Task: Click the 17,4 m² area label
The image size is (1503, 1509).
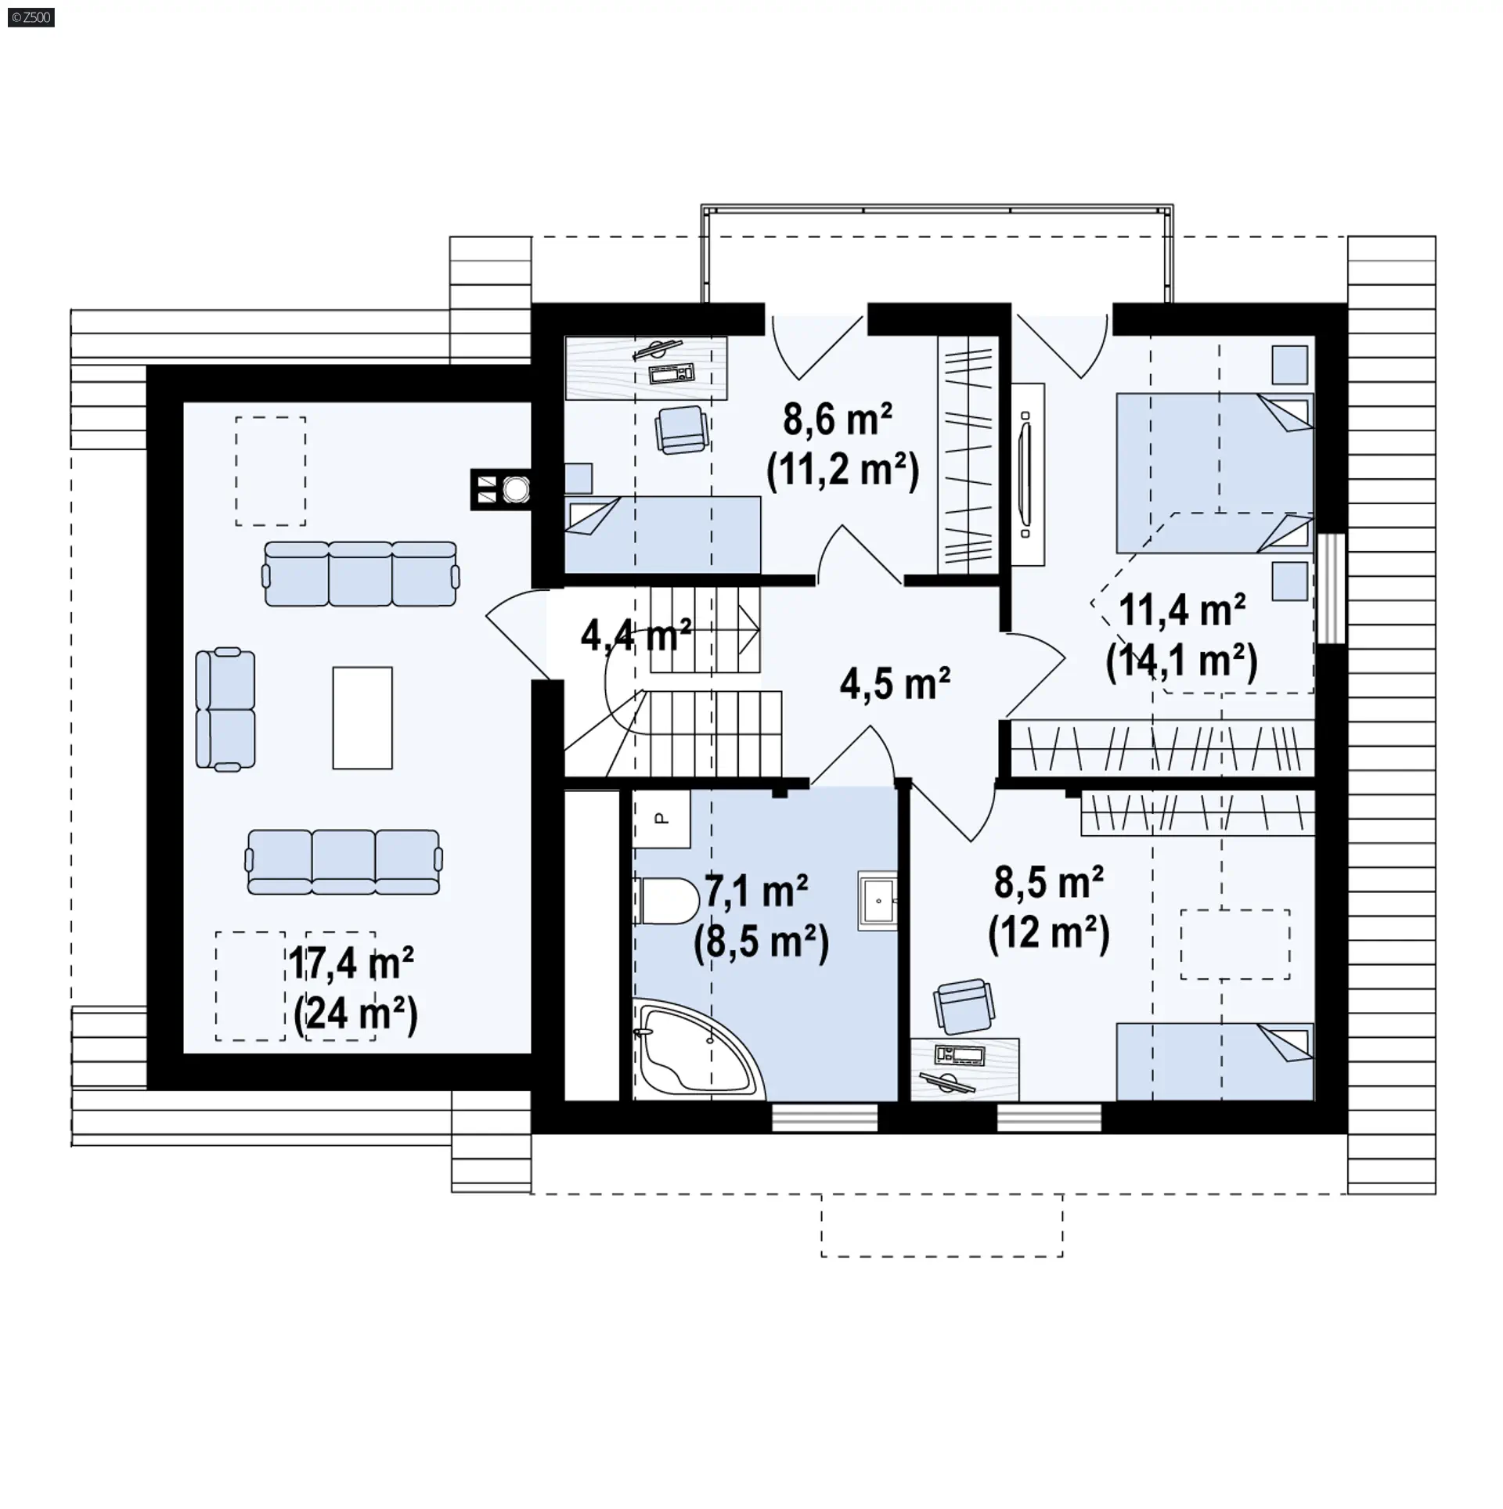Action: [351, 963]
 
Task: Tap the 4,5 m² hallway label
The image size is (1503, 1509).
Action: [895, 684]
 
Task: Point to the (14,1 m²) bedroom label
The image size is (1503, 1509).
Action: [1181, 661]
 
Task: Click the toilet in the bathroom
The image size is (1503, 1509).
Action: [667, 901]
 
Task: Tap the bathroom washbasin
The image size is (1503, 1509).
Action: [878, 900]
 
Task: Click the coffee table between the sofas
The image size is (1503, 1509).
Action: [362, 718]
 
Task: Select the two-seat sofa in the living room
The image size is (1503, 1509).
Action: [225, 709]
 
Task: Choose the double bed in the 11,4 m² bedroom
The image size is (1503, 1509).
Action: [1214, 473]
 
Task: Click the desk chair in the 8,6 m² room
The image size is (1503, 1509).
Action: [682, 430]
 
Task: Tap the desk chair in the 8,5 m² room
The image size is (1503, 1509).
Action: [965, 1007]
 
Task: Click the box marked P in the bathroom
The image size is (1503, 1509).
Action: [661, 819]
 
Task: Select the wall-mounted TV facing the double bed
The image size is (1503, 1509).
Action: [1026, 474]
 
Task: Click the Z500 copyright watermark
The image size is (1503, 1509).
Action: [31, 17]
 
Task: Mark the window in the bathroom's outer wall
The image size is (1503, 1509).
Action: [824, 1118]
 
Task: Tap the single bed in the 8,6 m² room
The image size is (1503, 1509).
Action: [662, 534]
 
